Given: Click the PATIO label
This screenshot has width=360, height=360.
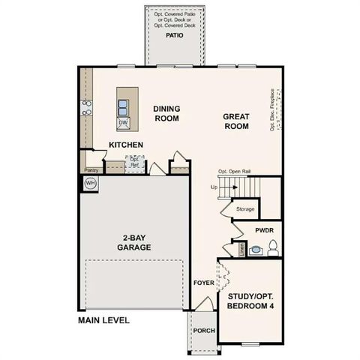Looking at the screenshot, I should click(174, 34).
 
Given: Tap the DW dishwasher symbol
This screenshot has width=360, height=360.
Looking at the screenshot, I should click(124, 121).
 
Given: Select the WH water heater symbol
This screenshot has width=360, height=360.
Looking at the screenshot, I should click(91, 183).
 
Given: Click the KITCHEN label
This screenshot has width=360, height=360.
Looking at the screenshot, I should click(126, 145).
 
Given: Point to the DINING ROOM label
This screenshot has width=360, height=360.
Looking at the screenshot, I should click(167, 112).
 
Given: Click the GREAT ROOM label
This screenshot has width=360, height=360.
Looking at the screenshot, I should click(235, 121).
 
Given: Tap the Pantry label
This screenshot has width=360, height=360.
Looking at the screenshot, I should click(91, 170).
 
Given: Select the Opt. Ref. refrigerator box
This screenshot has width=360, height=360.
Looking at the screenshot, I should click(135, 163).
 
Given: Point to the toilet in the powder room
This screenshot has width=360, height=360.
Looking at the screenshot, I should click(273, 246).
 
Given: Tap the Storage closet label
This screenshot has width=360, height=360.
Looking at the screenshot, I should click(245, 209).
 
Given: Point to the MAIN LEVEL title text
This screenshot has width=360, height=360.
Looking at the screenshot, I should click(103, 320).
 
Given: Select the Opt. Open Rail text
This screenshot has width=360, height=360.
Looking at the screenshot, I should click(234, 172).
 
